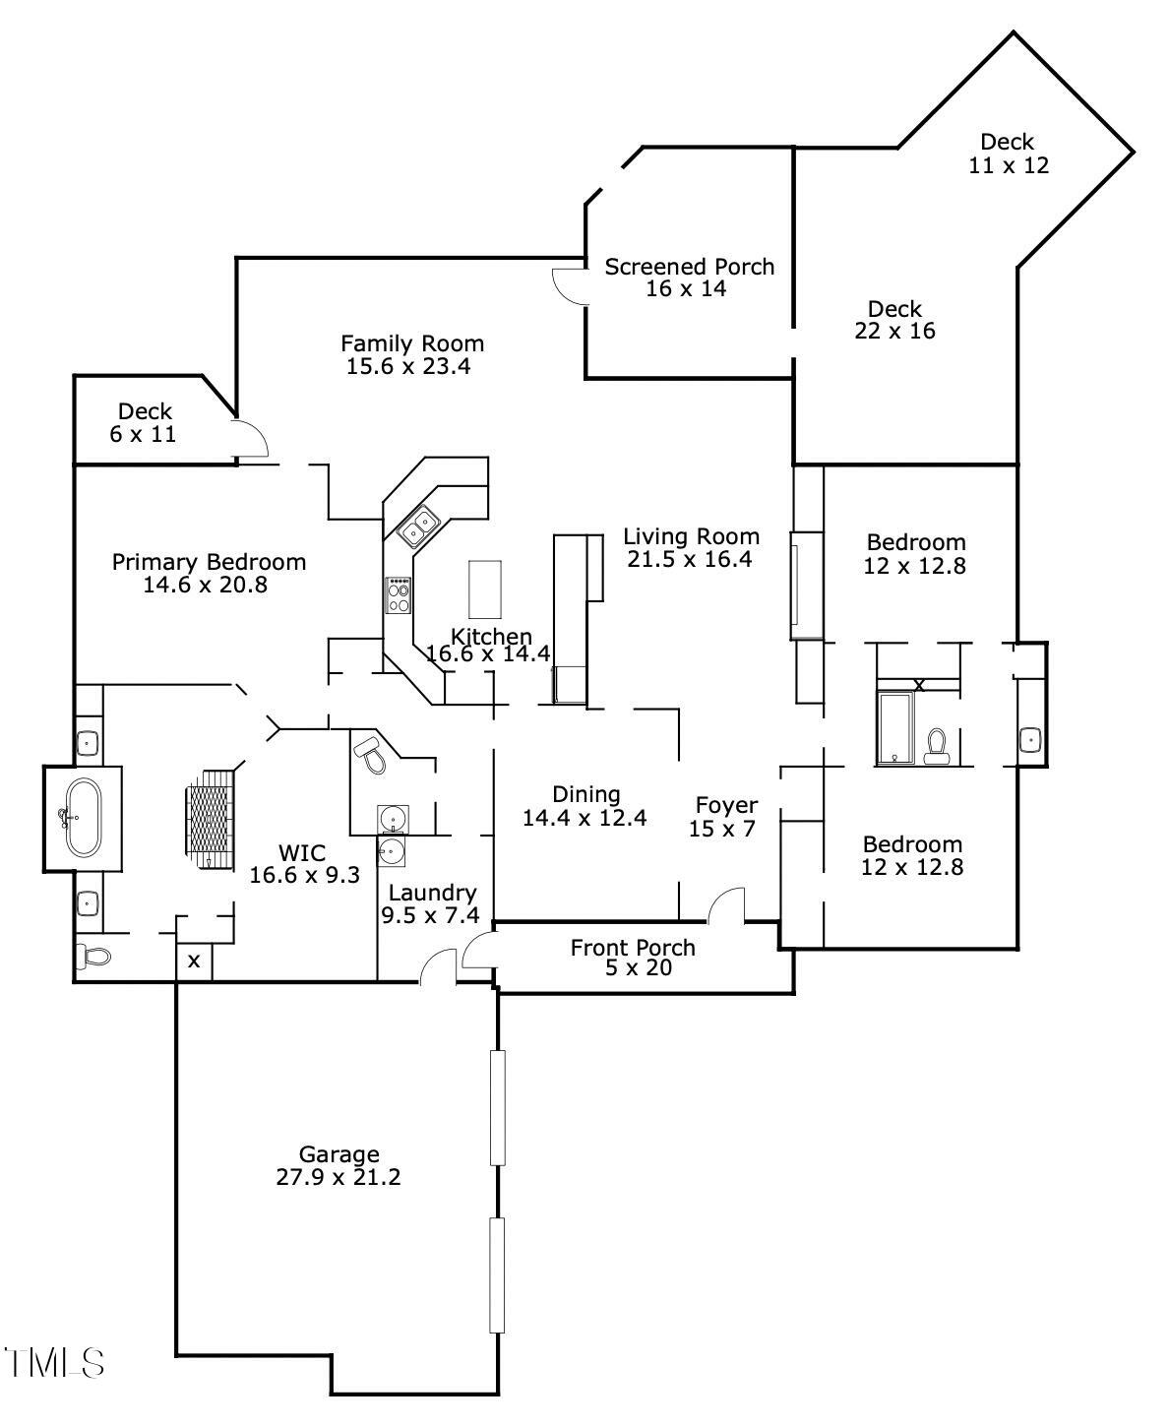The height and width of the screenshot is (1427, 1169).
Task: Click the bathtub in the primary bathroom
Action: (82, 818)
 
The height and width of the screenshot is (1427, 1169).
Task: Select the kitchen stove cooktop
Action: (399, 595)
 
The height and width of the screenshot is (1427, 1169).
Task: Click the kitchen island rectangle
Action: (484, 588)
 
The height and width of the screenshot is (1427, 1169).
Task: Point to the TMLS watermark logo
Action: (53, 1362)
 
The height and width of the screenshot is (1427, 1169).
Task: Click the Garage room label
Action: (338, 1154)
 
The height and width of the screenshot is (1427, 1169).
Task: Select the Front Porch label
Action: (632, 948)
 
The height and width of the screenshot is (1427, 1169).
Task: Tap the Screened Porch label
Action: (689, 267)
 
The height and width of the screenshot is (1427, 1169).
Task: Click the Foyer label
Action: (726, 805)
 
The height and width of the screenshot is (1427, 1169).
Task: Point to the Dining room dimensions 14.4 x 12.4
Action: (584, 818)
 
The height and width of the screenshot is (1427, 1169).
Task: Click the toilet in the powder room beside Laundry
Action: (371, 753)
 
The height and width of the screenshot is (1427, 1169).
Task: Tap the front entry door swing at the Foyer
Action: (727, 904)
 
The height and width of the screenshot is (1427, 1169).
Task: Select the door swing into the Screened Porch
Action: (569, 285)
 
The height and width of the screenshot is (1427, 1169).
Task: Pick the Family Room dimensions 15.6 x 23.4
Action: (412, 367)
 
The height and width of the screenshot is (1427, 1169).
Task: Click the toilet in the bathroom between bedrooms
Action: (936, 746)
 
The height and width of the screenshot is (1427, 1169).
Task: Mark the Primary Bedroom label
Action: (209, 562)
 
